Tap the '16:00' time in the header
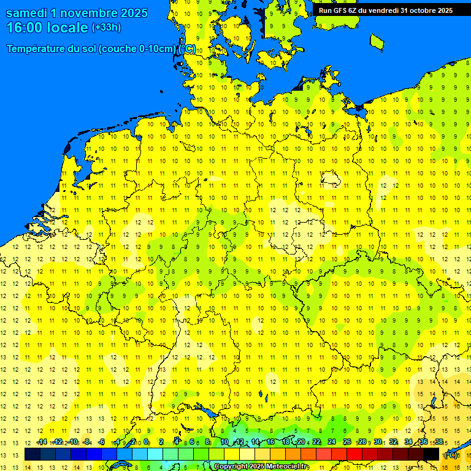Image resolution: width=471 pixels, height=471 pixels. click(26, 28)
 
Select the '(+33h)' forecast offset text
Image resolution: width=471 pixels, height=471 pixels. click(106, 28)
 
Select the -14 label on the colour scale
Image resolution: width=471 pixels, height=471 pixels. click(42, 442)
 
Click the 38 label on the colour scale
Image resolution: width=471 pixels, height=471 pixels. click(438, 442)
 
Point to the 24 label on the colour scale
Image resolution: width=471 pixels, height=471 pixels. click(332, 442)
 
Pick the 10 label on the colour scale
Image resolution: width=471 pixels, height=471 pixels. click(224, 442)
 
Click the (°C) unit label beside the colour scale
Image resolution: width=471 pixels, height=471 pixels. click(451, 455)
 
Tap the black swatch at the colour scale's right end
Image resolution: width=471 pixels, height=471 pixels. click(431, 454)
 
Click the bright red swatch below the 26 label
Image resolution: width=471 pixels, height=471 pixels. click(354, 454)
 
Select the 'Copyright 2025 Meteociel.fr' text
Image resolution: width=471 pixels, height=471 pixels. click(261, 467)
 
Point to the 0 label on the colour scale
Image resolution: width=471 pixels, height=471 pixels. click(146, 442)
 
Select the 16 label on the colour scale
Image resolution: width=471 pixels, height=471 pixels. click(270, 442)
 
